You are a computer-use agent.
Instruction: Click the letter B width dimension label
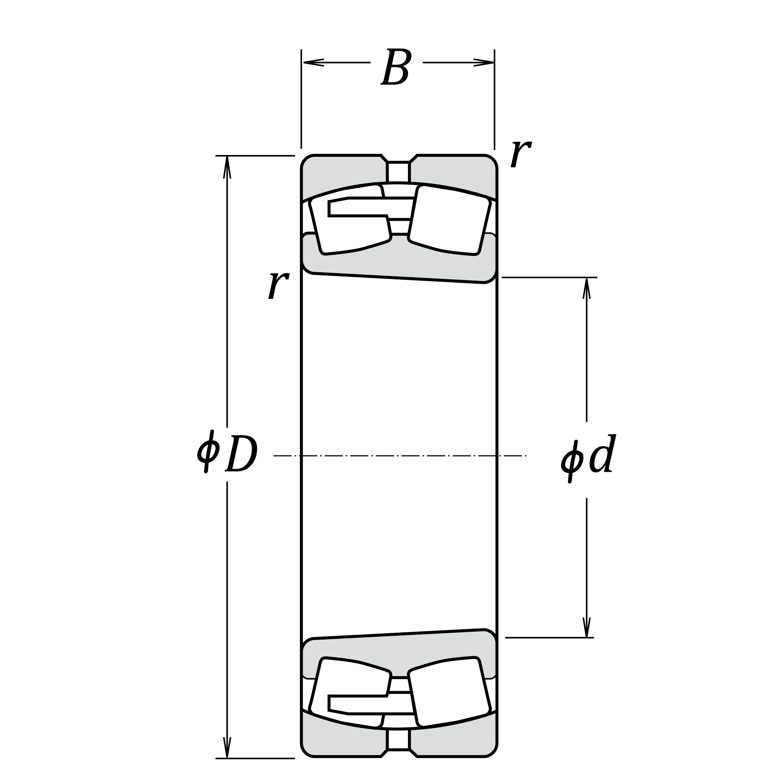(396, 67)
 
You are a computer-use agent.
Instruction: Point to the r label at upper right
(521, 154)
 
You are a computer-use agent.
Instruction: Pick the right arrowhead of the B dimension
(484, 63)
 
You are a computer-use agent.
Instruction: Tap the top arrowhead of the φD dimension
(227, 167)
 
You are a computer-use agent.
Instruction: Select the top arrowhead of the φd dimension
(586, 289)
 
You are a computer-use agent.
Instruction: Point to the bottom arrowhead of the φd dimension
(586, 627)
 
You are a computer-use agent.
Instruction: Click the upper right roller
(450, 220)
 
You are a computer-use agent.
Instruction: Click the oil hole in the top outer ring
(399, 172)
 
